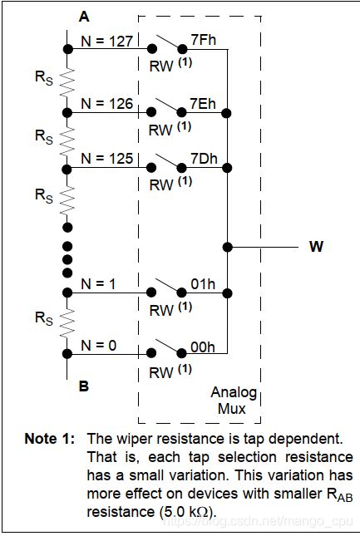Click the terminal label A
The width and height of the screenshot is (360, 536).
(x=84, y=17)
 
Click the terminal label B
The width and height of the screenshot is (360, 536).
(x=84, y=386)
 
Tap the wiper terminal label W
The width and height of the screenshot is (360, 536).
(x=316, y=247)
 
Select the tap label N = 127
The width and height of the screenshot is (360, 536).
(x=106, y=42)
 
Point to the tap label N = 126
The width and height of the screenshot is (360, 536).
(x=106, y=104)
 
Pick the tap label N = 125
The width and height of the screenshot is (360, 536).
(x=106, y=159)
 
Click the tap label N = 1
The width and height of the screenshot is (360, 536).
(x=99, y=283)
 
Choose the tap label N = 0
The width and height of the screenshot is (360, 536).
(x=99, y=346)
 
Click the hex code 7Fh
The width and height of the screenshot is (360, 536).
(x=204, y=40)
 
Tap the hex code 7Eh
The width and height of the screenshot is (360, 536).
(x=203, y=104)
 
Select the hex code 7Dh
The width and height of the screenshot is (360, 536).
(x=204, y=159)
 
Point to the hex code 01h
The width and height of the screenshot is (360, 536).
(x=203, y=283)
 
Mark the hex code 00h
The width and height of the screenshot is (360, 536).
(x=202, y=347)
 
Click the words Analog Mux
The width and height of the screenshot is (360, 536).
(x=234, y=401)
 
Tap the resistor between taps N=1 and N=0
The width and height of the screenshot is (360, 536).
(x=67, y=322)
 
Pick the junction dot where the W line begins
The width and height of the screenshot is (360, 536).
(x=227, y=247)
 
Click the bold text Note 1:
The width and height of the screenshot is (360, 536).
(x=50, y=439)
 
